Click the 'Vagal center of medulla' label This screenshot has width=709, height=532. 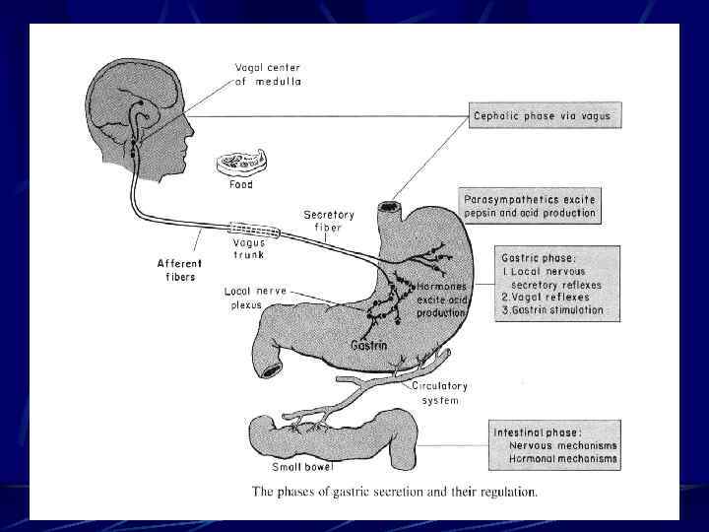[x=268, y=74]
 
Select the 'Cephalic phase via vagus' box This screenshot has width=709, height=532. [x=556, y=116]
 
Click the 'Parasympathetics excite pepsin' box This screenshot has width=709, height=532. [x=529, y=206]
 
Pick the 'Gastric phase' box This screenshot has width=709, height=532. [x=557, y=282]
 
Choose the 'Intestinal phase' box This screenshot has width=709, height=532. [x=556, y=444]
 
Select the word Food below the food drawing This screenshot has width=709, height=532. [x=240, y=184]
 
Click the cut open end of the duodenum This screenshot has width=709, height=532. [x=270, y=369]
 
